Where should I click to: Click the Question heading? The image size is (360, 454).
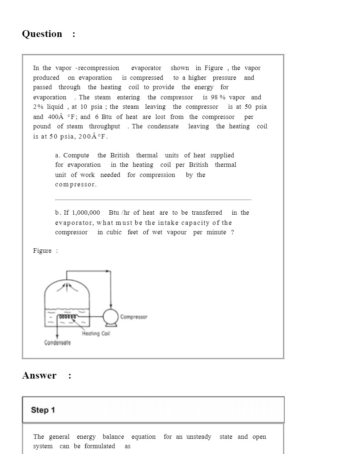tap(42, 34)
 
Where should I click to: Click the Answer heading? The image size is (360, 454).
tap(39, 376)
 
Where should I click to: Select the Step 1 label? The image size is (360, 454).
tap(43, 410)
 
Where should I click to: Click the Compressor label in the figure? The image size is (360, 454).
tap(134, 317)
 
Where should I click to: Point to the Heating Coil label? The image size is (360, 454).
tap(96, 334)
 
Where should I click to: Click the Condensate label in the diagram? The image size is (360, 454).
tap(57, 343)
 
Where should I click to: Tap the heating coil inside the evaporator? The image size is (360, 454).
tap(68, 317)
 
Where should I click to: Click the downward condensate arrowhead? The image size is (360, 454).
tap(57, 337)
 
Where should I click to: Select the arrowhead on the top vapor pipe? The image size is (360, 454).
tap(108, 271)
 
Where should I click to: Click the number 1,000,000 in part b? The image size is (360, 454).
tap(86, 213)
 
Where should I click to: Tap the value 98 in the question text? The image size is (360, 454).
tap(214, 98)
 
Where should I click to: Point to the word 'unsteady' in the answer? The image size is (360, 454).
tap(199, 437)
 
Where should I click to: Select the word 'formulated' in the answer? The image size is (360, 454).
tap(99, 446)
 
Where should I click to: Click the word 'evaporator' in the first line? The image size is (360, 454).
tap(146, 68)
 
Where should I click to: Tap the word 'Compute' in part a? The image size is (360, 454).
tap(76, 156)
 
